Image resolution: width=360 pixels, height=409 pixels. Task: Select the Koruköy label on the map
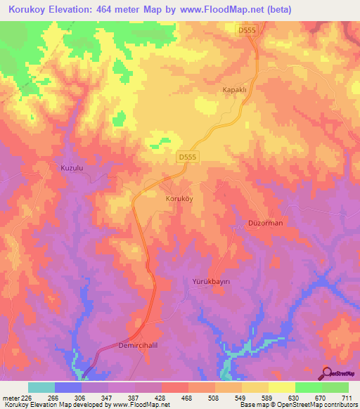point(178,199)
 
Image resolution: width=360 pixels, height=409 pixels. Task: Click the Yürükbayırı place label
point(212,280)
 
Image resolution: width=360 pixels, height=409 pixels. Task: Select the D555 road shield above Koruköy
point(188,157)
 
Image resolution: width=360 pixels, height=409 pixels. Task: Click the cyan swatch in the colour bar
point(41,387)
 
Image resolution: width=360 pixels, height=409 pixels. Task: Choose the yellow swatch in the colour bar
point(282,387)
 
